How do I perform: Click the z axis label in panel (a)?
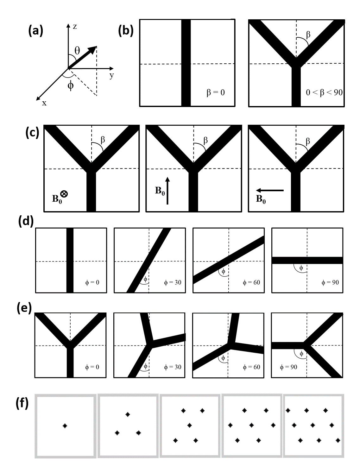(75, 26)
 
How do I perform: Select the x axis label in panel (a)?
(44, 103)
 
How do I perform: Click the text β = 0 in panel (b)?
(216, 92)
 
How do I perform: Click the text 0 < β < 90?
(324, 93)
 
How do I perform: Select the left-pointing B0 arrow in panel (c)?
(270, 190)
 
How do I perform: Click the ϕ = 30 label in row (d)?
(173, 282)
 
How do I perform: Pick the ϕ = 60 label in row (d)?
(251, 282)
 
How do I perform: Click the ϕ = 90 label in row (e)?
(288, 367)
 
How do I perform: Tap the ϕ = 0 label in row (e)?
(92, 367)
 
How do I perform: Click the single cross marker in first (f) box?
(65, 426)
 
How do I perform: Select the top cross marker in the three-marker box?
(128, 414)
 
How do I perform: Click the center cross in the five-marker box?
(190, 425)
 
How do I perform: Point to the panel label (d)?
(26, 221)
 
